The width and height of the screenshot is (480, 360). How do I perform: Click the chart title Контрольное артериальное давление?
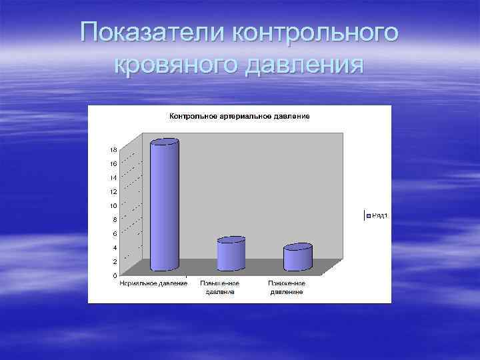click(239, 116)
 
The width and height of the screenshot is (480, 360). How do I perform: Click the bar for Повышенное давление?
click(231, 254)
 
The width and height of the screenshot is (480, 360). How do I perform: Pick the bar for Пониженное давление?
click(297, 257)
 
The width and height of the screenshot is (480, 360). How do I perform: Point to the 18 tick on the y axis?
click(113, 149)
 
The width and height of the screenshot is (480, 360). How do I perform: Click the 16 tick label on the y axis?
click(113, 163)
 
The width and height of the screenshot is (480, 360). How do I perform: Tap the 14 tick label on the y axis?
click(113, 177)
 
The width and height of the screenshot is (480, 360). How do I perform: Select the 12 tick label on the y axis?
click(113, 191)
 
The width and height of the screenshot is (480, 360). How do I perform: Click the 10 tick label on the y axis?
click(113, 205)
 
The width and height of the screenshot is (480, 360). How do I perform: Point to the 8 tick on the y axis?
click(115, 219)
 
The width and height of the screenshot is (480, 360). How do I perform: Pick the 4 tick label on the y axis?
click(115, 247)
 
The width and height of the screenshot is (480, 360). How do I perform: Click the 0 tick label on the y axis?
click(115, 275)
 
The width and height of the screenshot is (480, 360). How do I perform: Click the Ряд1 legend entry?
click(377, 215)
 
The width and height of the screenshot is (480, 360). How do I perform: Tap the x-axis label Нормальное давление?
click(153, 283)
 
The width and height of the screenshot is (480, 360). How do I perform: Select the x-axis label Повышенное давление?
click(220, 287)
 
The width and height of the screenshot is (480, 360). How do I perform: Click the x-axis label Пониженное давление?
click(287, 287)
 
